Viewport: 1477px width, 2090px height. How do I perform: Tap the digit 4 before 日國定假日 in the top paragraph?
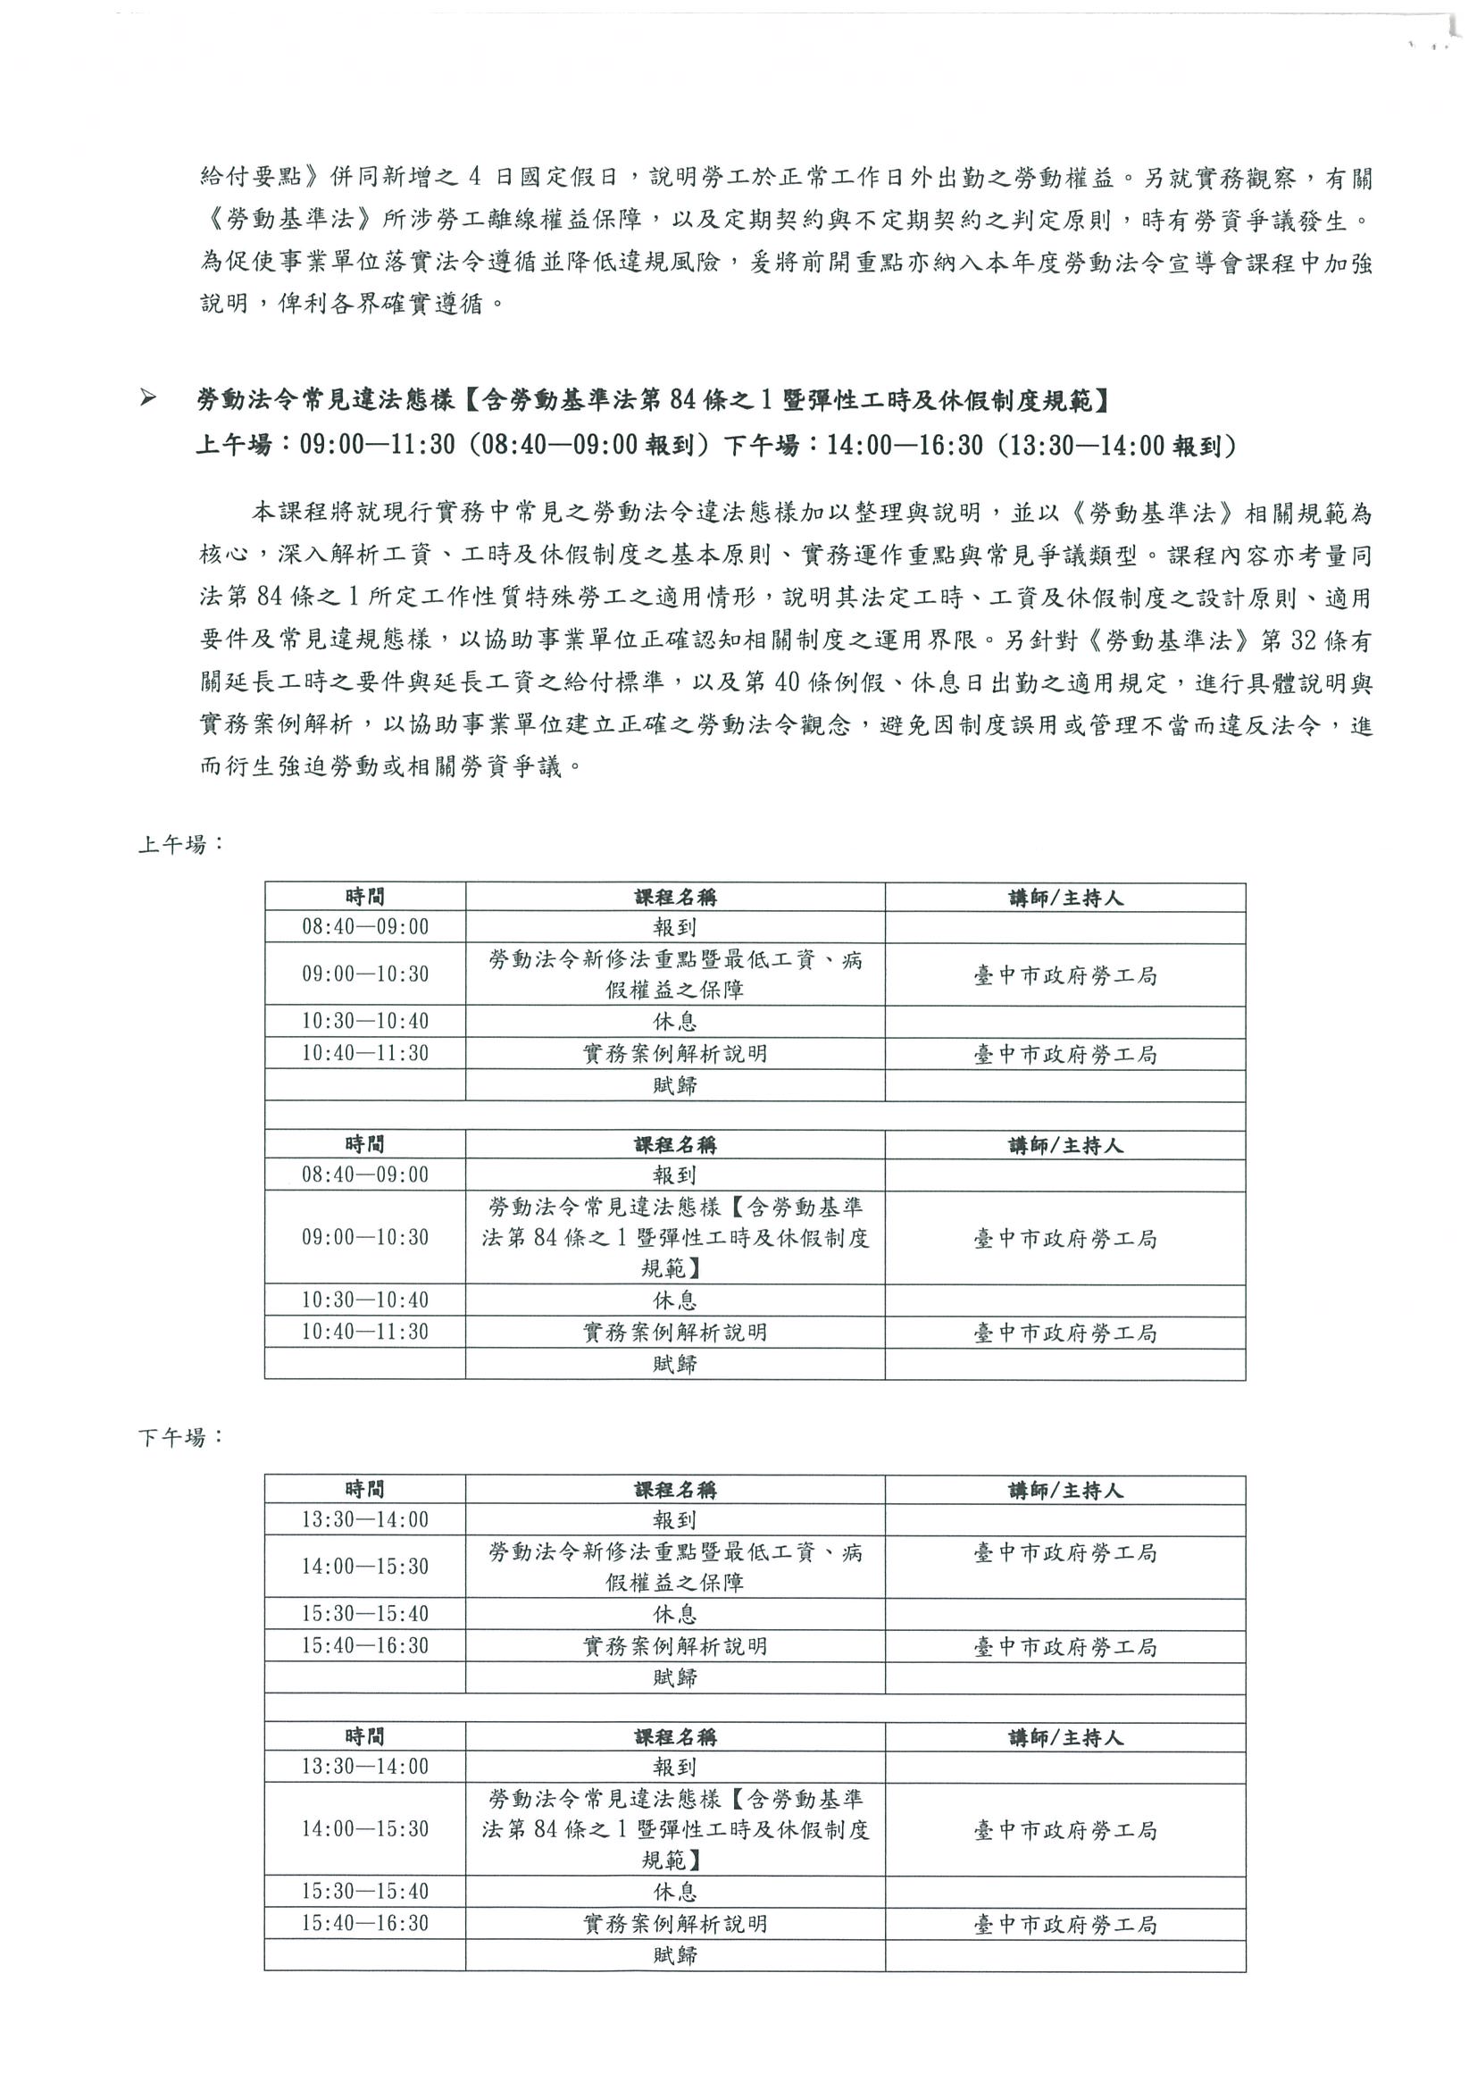click(x=474, y=179)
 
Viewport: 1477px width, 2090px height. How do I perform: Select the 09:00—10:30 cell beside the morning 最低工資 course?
click(x=365, y=974)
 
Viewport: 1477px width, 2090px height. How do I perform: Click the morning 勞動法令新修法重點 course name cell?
click(x=674, y=974)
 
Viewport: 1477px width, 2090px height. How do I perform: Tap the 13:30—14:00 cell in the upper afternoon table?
click(x=365, y=1519)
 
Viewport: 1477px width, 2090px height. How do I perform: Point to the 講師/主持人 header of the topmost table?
click(x=1064, y=898)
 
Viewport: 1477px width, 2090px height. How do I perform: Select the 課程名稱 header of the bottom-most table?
click(x=674, y=1738)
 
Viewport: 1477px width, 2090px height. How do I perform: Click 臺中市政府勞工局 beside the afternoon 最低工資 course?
click(x=1064, y=1553)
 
